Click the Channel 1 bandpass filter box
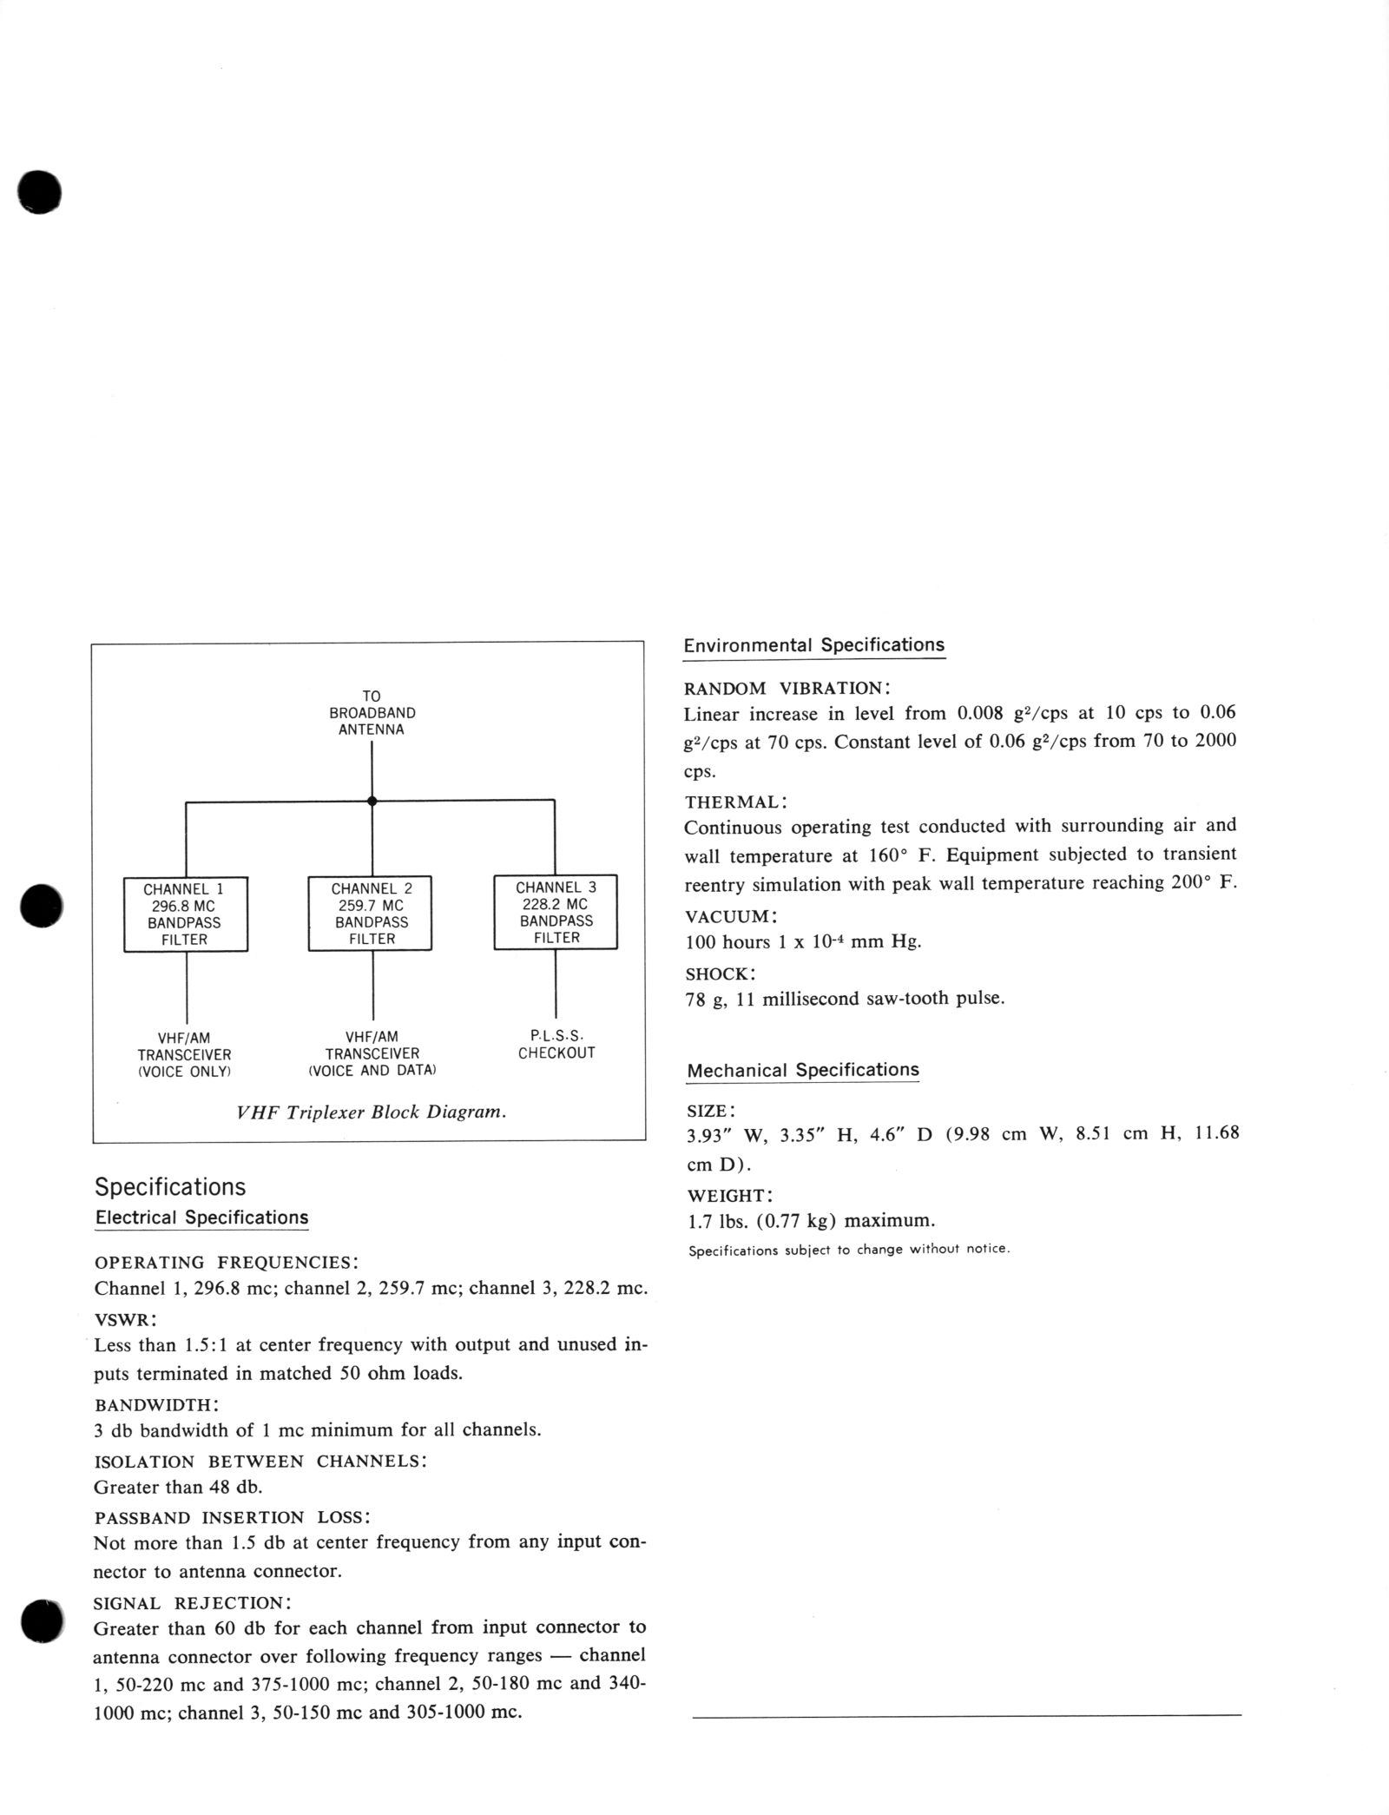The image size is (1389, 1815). click(x=185, y=914)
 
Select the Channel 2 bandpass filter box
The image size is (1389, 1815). click(x=371, y=914)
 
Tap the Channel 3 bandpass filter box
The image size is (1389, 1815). click(x=556, y=912)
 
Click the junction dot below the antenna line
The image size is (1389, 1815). click(x=372, y=801)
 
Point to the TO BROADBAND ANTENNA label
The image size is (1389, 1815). click(x=372, y=713)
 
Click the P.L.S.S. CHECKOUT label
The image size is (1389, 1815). click(x=556, y=1045)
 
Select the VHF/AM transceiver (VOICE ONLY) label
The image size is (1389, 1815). click(x=184, y=1054)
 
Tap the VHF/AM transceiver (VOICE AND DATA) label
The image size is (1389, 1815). click(x=372, y=1053)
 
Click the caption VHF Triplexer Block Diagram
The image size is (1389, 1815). click(x=372, y=1112)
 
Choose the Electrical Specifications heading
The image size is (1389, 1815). click(x=201, y=1218)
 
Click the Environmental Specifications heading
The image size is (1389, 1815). click(x=813, y=645)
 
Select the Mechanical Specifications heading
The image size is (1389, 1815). click(x=802, y=1070)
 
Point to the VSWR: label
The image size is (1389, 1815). click(x=125, y=1319)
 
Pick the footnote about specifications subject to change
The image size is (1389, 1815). click(x=849, y=1250)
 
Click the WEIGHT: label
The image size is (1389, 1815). click(x=731, y=1196)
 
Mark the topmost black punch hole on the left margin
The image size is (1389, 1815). click(x=39, y=191)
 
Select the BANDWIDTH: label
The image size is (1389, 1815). click(x=156, y=1404)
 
